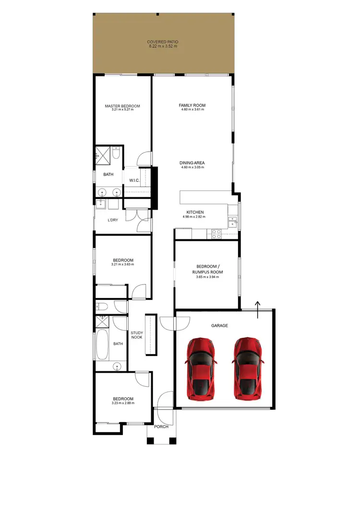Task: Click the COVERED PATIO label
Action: (163, 42)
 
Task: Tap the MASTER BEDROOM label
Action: (122, 106)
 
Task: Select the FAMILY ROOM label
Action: (192, 105)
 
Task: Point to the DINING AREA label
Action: (192, 163)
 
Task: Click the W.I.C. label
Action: (134, 180)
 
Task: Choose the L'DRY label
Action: (113, 220)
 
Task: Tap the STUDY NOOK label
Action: (137, 335)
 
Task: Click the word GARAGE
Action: (219, 326)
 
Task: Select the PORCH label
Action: (161, 426)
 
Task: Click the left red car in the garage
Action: (201, 368)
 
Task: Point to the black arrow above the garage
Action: (258, 309)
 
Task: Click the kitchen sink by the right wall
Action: (233, 221)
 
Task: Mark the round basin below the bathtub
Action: (117, 367)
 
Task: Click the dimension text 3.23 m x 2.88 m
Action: (123, 403)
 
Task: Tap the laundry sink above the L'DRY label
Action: (100, 205)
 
